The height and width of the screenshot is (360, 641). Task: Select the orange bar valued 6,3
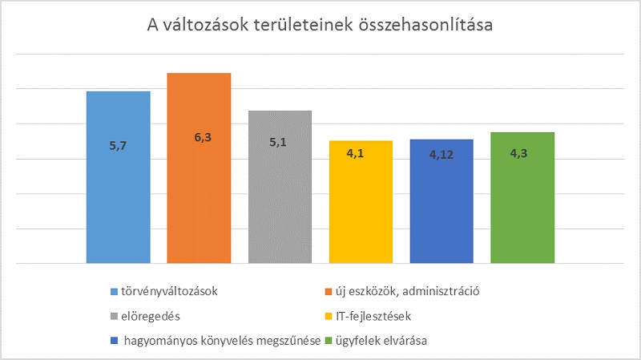(x=199, y=192)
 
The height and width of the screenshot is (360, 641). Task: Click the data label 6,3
(x=199, y=138)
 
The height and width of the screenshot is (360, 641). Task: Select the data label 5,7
(x=118, y=146)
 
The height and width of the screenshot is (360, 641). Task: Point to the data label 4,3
(x=522, y=152)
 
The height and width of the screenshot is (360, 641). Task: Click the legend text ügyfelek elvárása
(x=380, y=341)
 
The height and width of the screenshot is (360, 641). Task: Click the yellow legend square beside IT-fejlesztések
(x=329, y=315)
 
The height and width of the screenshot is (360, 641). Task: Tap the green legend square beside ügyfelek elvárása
(x=329, y=341)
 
